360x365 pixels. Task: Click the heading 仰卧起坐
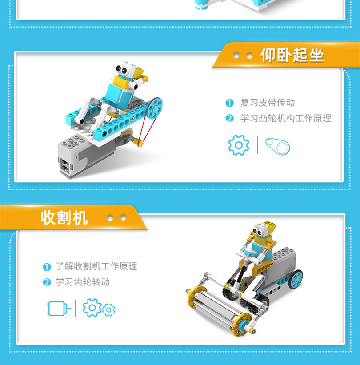tap(292, 56)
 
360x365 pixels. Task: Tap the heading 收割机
tap(64, 218)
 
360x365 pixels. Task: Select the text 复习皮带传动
tap(267, 103)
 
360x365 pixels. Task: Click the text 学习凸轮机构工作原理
tap(285, 118)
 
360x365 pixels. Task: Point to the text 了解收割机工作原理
tap(96, 266)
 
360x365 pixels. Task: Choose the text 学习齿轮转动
tap(82, 282)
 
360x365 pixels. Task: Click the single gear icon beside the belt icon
tap(239, 145)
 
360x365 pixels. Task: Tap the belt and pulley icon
tap(277, 145)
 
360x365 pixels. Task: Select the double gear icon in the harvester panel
tap(99, 308)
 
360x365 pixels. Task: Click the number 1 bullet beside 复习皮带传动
tap(229, 103)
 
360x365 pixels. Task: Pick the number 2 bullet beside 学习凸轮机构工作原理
tap(229, 119)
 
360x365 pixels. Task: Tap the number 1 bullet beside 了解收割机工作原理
tap(47, 267)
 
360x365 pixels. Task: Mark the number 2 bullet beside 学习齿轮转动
tap(47, 282)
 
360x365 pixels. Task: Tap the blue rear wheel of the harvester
tap(295, 278)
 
